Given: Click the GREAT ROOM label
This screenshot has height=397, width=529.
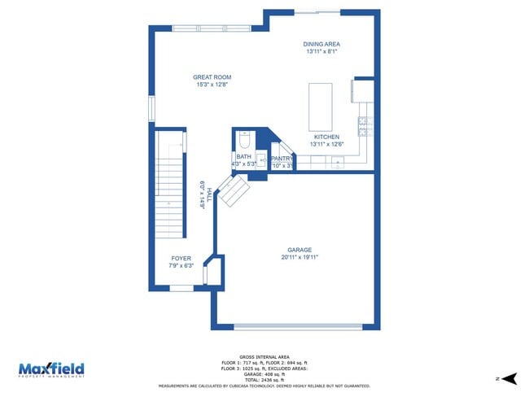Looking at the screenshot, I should pos(212,77).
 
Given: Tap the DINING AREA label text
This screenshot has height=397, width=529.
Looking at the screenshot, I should pos(322,44).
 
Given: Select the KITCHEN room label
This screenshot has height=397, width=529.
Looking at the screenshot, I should pos(326,137).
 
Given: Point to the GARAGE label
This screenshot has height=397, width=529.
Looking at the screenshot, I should pos(299,250).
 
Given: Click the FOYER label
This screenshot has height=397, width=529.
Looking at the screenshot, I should pos(181,258).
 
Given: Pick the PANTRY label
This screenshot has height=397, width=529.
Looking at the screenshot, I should pos(282,159).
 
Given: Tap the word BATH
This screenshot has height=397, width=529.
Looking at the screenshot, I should pos(243,156).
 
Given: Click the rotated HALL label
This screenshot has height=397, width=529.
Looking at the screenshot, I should pos(209,194).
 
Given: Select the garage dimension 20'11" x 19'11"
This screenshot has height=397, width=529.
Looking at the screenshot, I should pos(299,257).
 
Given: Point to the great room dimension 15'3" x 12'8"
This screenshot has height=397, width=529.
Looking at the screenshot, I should pos(212,85).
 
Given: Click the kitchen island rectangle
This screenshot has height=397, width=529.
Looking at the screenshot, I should pos(321,107).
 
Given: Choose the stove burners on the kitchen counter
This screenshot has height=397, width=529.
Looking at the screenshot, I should pos(365,126).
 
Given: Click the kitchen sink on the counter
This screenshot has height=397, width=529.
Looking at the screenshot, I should pos(336,163).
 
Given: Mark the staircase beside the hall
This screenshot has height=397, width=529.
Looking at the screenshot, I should pos(171,195).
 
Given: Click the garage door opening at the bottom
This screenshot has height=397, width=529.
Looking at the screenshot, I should pos(298,327).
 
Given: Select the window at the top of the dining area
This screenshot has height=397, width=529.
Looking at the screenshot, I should pos(317,11).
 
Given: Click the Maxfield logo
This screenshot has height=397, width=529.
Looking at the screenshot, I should pos(51,369).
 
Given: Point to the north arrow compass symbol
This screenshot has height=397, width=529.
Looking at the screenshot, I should pos(510,378).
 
